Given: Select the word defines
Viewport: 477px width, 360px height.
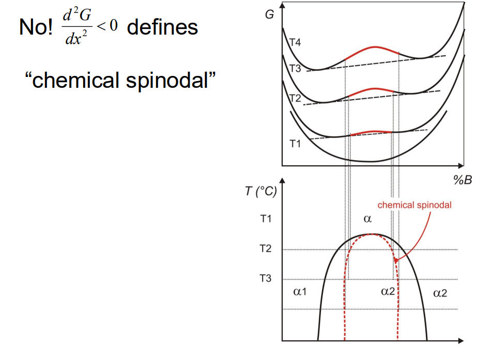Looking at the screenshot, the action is (162, 27).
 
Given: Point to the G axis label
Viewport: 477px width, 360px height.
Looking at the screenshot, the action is (269, 14).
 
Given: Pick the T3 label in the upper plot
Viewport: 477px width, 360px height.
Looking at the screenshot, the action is (294, 70).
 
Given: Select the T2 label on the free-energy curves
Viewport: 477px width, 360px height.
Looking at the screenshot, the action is (294, 98).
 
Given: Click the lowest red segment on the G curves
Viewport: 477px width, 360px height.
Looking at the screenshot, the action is (371, 132).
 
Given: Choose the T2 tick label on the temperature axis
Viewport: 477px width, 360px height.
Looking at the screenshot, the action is (265, 249).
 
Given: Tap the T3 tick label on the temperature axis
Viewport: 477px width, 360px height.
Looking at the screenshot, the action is (265, 278).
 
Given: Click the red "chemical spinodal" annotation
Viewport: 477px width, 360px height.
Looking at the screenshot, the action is (414, 205).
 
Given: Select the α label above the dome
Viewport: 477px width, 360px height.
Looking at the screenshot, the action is (367, 219).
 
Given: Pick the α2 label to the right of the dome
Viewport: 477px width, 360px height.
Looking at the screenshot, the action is (440, 293).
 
